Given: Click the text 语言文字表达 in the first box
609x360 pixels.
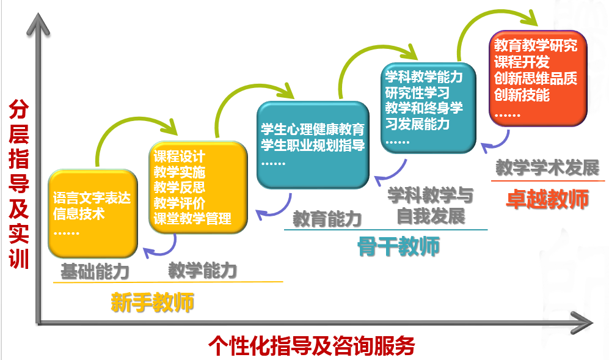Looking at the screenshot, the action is click(x=92, y=198).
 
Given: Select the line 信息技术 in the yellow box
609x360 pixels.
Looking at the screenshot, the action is click(x=79, y=213).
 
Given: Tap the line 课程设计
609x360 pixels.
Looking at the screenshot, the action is click(x=179, y=156).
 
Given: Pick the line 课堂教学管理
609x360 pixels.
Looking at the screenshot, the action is click(x=192, y=218).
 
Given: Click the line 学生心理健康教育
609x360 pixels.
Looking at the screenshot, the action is click(x=313, y=129).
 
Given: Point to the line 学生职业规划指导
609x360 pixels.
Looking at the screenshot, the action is click(x=313, y=145).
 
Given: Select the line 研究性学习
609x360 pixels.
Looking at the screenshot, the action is click(x=417, y=92).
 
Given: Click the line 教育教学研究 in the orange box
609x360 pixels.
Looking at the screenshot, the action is click(x=536, y=45).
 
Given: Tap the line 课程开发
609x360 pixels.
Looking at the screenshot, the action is click(x=522, y=62).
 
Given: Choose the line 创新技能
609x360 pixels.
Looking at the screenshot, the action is click(x=522, y=95).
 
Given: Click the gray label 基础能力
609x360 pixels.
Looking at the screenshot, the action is click(x=95, y=271).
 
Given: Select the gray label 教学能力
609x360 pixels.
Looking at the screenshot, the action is click(x=202, y=270).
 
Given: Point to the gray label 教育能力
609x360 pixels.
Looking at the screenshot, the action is click(x=327, y=219).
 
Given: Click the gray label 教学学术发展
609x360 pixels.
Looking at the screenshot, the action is click(x=548, y=168).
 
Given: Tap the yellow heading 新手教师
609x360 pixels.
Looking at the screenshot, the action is click(x=152, y=303).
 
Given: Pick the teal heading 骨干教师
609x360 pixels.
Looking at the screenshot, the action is click(x=398, y=246).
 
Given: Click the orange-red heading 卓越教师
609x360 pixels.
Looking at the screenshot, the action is click(x=548, y=199).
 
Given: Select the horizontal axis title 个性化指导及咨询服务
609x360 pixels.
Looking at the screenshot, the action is click(x=312, y=345).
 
